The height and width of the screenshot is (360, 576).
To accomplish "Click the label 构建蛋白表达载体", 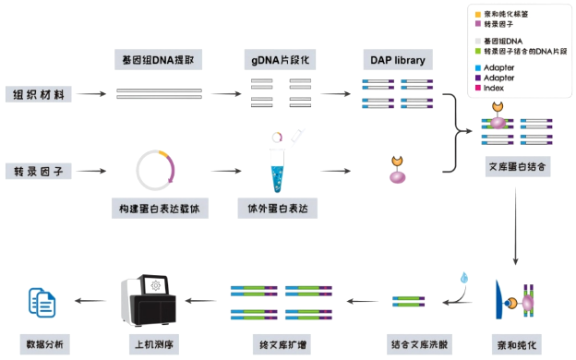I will [x=158, y=209].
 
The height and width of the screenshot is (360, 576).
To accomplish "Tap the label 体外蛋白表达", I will [x=278, y=209].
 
